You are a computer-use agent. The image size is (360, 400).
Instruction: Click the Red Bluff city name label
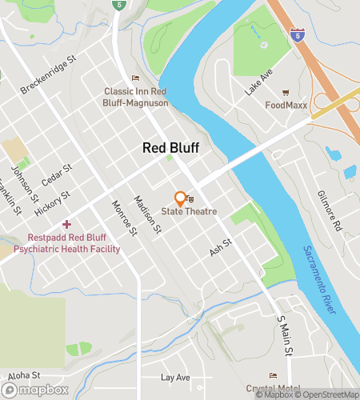click(170, 148)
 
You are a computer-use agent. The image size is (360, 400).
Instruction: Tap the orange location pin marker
click(181, 198)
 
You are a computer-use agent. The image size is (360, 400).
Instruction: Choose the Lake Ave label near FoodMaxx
click(259, 82)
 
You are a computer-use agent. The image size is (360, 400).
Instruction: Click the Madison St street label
click(148, 216)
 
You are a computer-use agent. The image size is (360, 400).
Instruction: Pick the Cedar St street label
click(57, 175)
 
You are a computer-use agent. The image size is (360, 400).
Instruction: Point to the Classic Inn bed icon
click(134, 78)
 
